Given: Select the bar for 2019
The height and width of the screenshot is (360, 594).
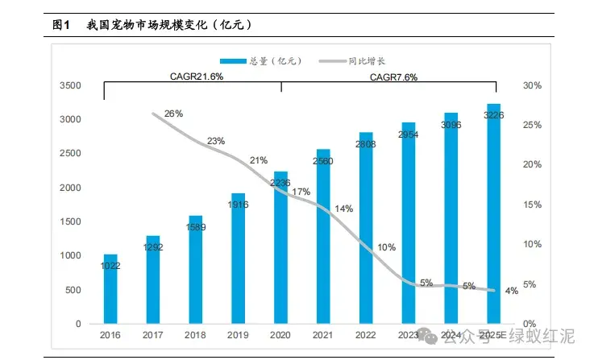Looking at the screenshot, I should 239,258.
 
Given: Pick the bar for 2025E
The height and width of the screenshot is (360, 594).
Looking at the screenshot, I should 493,213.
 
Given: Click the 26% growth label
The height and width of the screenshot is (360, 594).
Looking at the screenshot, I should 173,114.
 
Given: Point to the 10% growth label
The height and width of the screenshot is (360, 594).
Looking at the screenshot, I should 386,247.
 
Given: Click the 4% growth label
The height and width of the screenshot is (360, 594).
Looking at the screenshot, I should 511,291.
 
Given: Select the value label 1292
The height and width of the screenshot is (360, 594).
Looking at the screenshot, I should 153,247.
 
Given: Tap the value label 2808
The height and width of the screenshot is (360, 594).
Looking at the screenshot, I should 366,146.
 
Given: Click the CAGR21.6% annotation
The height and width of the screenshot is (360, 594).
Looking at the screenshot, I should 197,77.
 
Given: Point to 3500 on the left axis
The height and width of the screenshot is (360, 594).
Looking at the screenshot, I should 70,85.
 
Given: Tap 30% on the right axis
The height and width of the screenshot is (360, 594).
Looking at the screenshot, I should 532,85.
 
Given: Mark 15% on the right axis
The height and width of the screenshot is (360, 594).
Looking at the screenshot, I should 532,205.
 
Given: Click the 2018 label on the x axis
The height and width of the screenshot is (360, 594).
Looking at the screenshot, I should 196,335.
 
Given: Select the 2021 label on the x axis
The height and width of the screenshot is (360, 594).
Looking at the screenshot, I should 323,335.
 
